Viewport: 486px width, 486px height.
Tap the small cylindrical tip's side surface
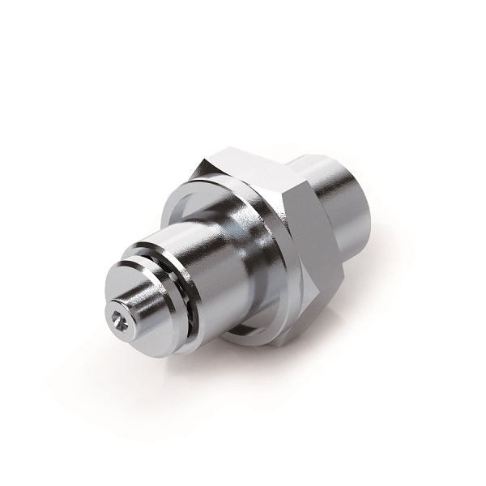144,306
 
